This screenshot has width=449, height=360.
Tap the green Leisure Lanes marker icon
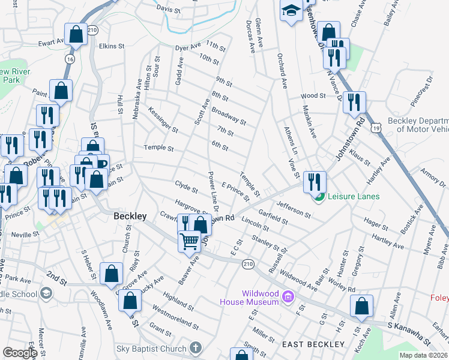click(319, 196)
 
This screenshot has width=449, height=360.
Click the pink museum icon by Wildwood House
click(288, 296)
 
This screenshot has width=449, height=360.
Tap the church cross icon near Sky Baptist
click(195, 347)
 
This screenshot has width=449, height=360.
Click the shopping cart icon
click(190, 241)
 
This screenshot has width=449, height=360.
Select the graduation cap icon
click(291, 11)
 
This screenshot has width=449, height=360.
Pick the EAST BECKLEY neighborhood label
click(313, 344)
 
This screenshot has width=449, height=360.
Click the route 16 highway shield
click(70, 59)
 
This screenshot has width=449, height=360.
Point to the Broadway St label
click(229, 116)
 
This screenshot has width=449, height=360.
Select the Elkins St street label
click(112, 46)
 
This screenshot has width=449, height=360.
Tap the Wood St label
click(313, 95)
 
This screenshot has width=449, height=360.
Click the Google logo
click(20, 352)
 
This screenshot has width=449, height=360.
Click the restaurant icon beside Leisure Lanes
click(315, 180)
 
